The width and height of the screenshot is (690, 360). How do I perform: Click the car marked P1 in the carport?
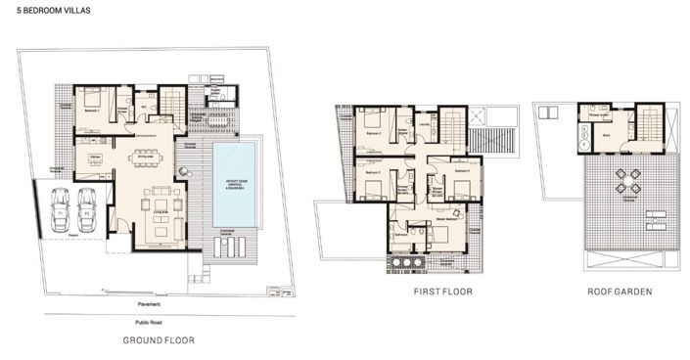(61, 211)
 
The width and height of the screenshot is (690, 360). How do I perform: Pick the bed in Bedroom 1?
(94, 101)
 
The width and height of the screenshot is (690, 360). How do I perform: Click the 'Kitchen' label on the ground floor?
(96, 157)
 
